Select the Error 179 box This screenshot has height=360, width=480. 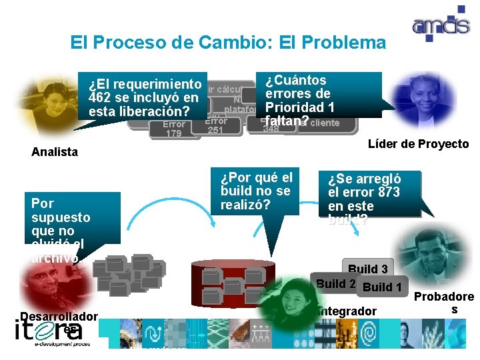point(174,129)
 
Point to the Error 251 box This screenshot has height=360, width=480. point(215,125)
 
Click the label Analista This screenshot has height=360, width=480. point(55,151)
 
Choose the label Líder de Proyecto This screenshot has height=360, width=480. point(418,144)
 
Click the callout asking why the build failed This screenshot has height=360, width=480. point(256,189)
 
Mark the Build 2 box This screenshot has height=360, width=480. point(334,283)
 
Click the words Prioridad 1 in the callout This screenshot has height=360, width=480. point(299,107)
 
